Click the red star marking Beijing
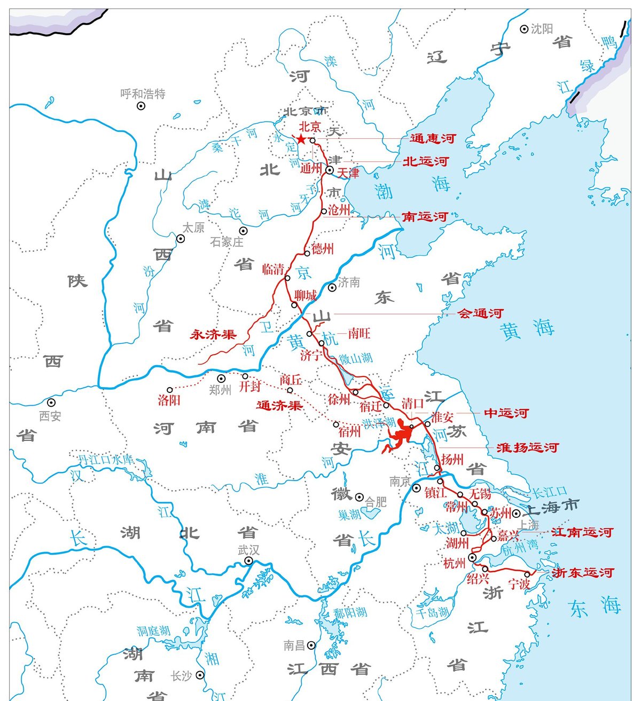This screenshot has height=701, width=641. (x=301, y=139)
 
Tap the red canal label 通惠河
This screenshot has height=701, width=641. (x=433, y=139)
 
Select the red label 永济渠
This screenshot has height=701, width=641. (x=213, y=335)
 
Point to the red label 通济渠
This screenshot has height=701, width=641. (x=279, y=405)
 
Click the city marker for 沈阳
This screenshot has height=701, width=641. (x=524, y=29)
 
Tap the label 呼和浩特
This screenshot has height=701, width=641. (x=143, y=94)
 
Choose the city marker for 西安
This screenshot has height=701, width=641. (x=51, y=403)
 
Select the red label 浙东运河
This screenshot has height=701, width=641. (x=583, y=573)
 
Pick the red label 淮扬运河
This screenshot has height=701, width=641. (x=527, y=447)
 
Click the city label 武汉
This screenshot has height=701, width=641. (x=248, y=550)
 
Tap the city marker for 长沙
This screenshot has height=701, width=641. (x=200, y=675)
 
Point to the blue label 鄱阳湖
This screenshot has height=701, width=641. (x=350, y=612)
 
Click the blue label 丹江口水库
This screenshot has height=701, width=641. (x=105, y=459)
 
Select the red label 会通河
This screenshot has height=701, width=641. (x=481, y=313)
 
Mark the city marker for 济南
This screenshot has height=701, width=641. (x=332, y=287)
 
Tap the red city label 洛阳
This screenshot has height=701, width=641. (x=169, y=400)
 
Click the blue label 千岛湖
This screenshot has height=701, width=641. (x=433, y=612)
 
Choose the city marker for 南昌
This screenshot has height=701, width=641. (x=311, y=645)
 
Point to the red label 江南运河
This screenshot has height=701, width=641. (x=582, y=532)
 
